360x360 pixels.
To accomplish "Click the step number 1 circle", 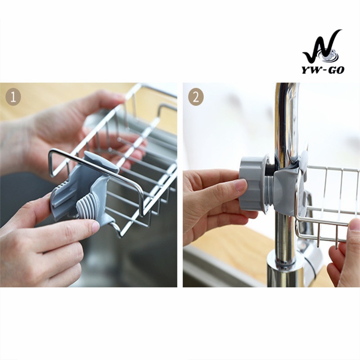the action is click(x=13, y=97).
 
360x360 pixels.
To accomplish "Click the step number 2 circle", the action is click(x=196, y=97).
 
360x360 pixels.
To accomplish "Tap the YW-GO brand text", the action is click(x=323, y=70).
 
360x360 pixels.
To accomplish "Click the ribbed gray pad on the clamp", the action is click(x=85, y=208).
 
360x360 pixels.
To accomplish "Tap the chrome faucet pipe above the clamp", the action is click(x=285, y=119).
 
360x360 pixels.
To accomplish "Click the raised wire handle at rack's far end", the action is click(x=166, y=108).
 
